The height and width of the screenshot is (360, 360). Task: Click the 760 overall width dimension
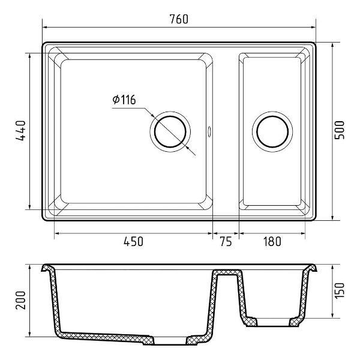(x=179, y=19)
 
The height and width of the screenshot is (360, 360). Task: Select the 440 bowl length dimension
(x=20, y=130)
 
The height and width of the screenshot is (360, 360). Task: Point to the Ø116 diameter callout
(x=124, y=100)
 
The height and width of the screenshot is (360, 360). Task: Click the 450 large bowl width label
(x=133, y=242)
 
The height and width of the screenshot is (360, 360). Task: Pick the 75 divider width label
(x=226, y=242)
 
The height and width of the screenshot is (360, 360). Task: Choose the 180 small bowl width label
(x=272, y=242)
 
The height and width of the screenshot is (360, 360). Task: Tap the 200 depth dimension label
(x=20, y=301)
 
